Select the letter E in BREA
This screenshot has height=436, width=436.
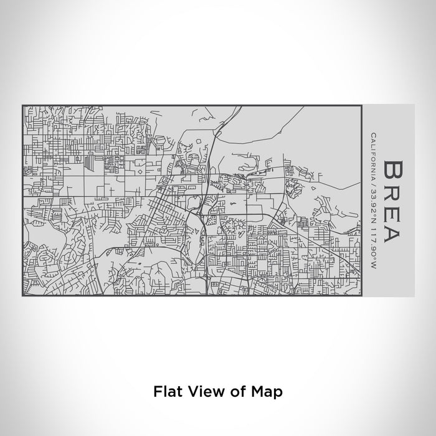coord(394,210)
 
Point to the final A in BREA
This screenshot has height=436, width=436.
coord(394,232)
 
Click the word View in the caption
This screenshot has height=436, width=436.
coord(202,392)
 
